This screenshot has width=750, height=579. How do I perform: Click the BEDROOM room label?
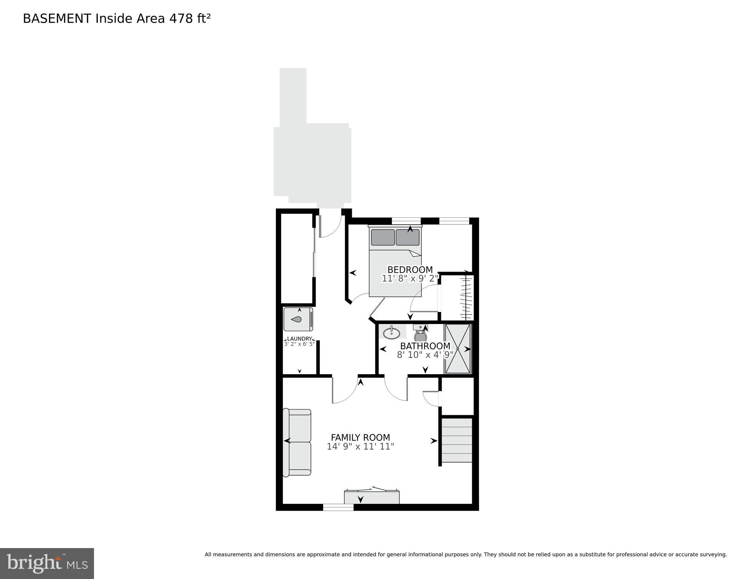pos(410,270)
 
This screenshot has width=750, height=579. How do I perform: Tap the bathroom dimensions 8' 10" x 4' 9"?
pos(425,355)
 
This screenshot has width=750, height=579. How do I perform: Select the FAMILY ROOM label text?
pos(360,438)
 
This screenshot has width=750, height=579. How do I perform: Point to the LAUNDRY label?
pos(299,339)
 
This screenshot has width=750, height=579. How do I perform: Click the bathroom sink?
pos(391,333)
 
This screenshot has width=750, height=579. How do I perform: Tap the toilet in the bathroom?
pos(420,333)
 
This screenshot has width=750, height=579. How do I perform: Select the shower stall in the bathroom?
pos(457,349)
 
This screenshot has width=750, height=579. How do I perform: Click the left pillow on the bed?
pos(383,238)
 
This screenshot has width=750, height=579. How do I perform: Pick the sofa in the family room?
pos(297,442)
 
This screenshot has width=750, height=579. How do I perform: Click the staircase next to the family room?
pos(457,440)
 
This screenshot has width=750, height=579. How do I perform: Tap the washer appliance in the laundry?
pos(298,319)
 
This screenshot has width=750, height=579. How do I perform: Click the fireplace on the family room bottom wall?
pos(371,497)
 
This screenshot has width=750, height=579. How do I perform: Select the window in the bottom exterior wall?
pos(338,508)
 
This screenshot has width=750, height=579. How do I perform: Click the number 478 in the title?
pos(181,18)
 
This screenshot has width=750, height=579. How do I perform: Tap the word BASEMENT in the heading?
pos(57,18)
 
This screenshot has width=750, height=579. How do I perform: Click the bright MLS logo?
pos(47,563)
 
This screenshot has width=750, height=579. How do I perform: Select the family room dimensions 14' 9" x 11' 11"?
pos(360,447)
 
